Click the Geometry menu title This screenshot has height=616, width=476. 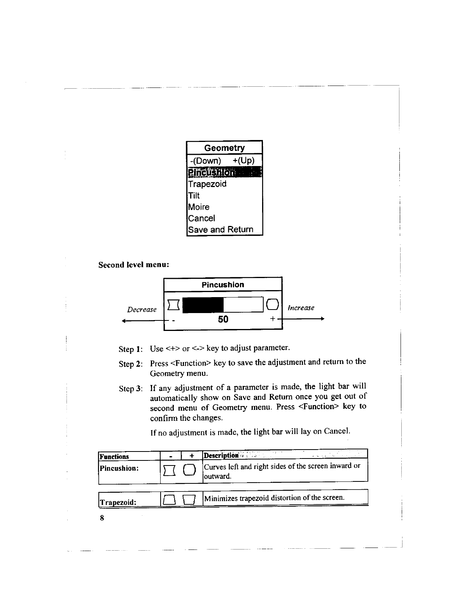(224, 148)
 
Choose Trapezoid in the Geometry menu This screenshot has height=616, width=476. (207, 184)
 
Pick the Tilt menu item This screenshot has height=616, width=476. (194, 196)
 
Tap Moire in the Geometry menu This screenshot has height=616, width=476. (199, 207)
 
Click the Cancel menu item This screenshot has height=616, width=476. (201, 218)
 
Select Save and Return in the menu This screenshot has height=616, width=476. (220, 229)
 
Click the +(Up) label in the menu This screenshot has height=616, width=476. (243, 161)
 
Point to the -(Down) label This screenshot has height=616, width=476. (205, 161)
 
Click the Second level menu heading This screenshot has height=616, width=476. (133, 265)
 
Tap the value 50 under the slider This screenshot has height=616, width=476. (223, 319)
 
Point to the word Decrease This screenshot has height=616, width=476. (142, 310)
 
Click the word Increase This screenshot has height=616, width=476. (301, 308)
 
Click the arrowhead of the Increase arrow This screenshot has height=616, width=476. (322, 319)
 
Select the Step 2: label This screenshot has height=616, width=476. (131, 364)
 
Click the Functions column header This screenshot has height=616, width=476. (114, 457)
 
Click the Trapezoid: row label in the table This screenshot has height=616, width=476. (118, 502)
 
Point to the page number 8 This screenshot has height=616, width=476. (102, 518)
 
